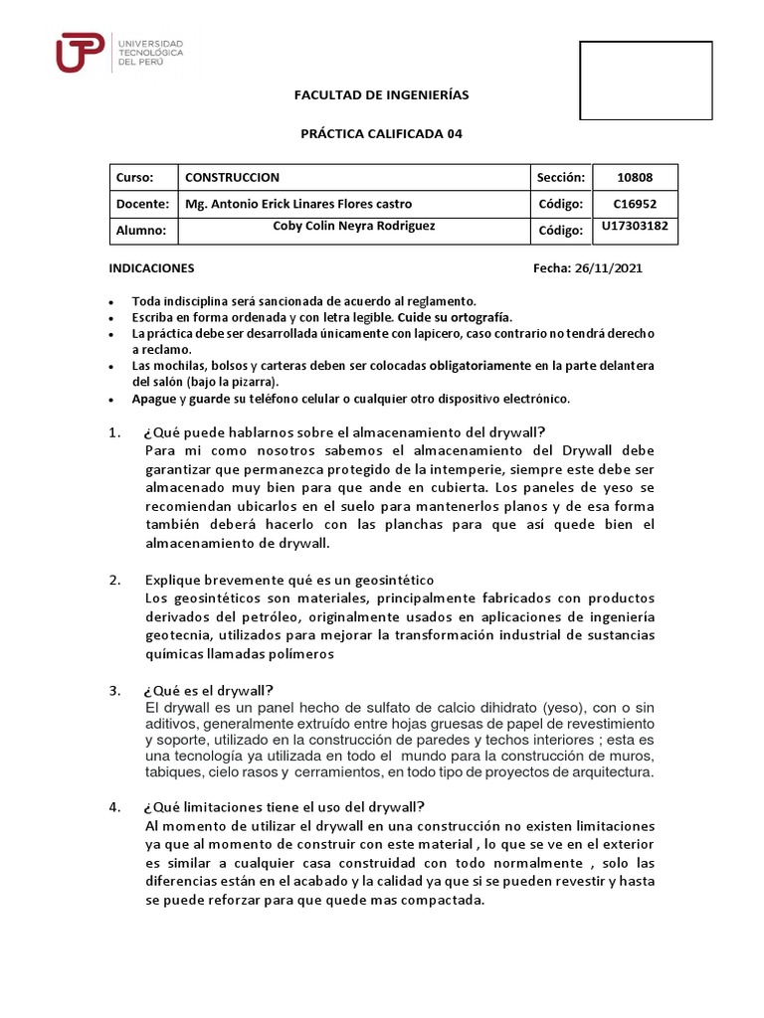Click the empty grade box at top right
pyautogui.click(x=646, y=81)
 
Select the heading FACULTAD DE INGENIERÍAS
pyautogui.click(x=381, y=95)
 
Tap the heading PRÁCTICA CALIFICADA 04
pyautogui.click(x=382, y=133)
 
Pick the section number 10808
pyautogui.click(x=635, y=177)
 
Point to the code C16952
pyautogui.click(x=635, y=204)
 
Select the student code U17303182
pyautogui.click(x=635, y=228)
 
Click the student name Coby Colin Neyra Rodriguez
pyautogui.click(x=353, y=226)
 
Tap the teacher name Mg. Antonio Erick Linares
pyautogui.click(x=298, y=204)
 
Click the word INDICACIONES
pyautogui.click(x=151, y=268)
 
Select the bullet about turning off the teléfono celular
pyautogui.click(x=350, y=399)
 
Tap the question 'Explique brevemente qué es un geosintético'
pyautogui.click(x=289, y=580)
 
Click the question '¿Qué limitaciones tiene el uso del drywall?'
pyautogui.click(x=285, y=806)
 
